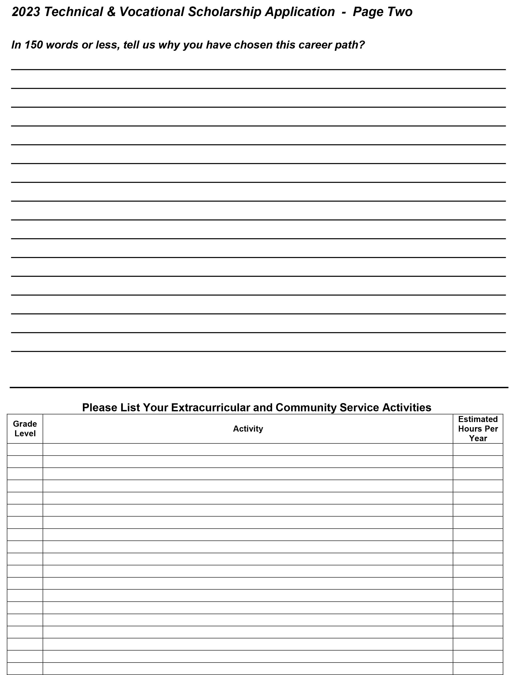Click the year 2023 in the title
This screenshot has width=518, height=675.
(26, 12)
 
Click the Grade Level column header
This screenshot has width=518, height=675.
(25, 428)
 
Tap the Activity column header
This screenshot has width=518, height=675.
(248, 428)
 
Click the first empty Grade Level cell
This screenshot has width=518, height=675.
(25, 449)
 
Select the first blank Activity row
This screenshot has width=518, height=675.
(248, 449)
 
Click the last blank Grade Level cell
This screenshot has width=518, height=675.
(25, 668)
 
